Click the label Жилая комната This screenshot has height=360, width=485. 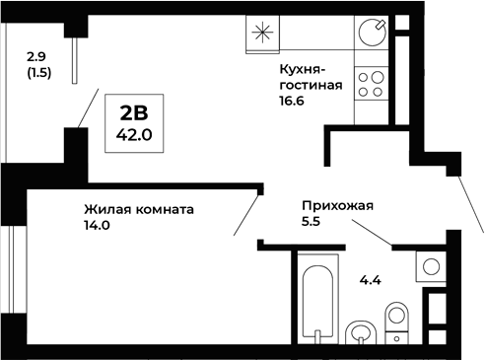(138, 209)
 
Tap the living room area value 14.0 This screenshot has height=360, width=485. (96, 225)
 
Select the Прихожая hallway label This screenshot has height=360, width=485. (338, 206)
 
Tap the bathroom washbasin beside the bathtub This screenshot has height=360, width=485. (361, 330)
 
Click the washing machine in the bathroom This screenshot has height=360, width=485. (431, 266)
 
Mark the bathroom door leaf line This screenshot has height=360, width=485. (373, 234)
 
